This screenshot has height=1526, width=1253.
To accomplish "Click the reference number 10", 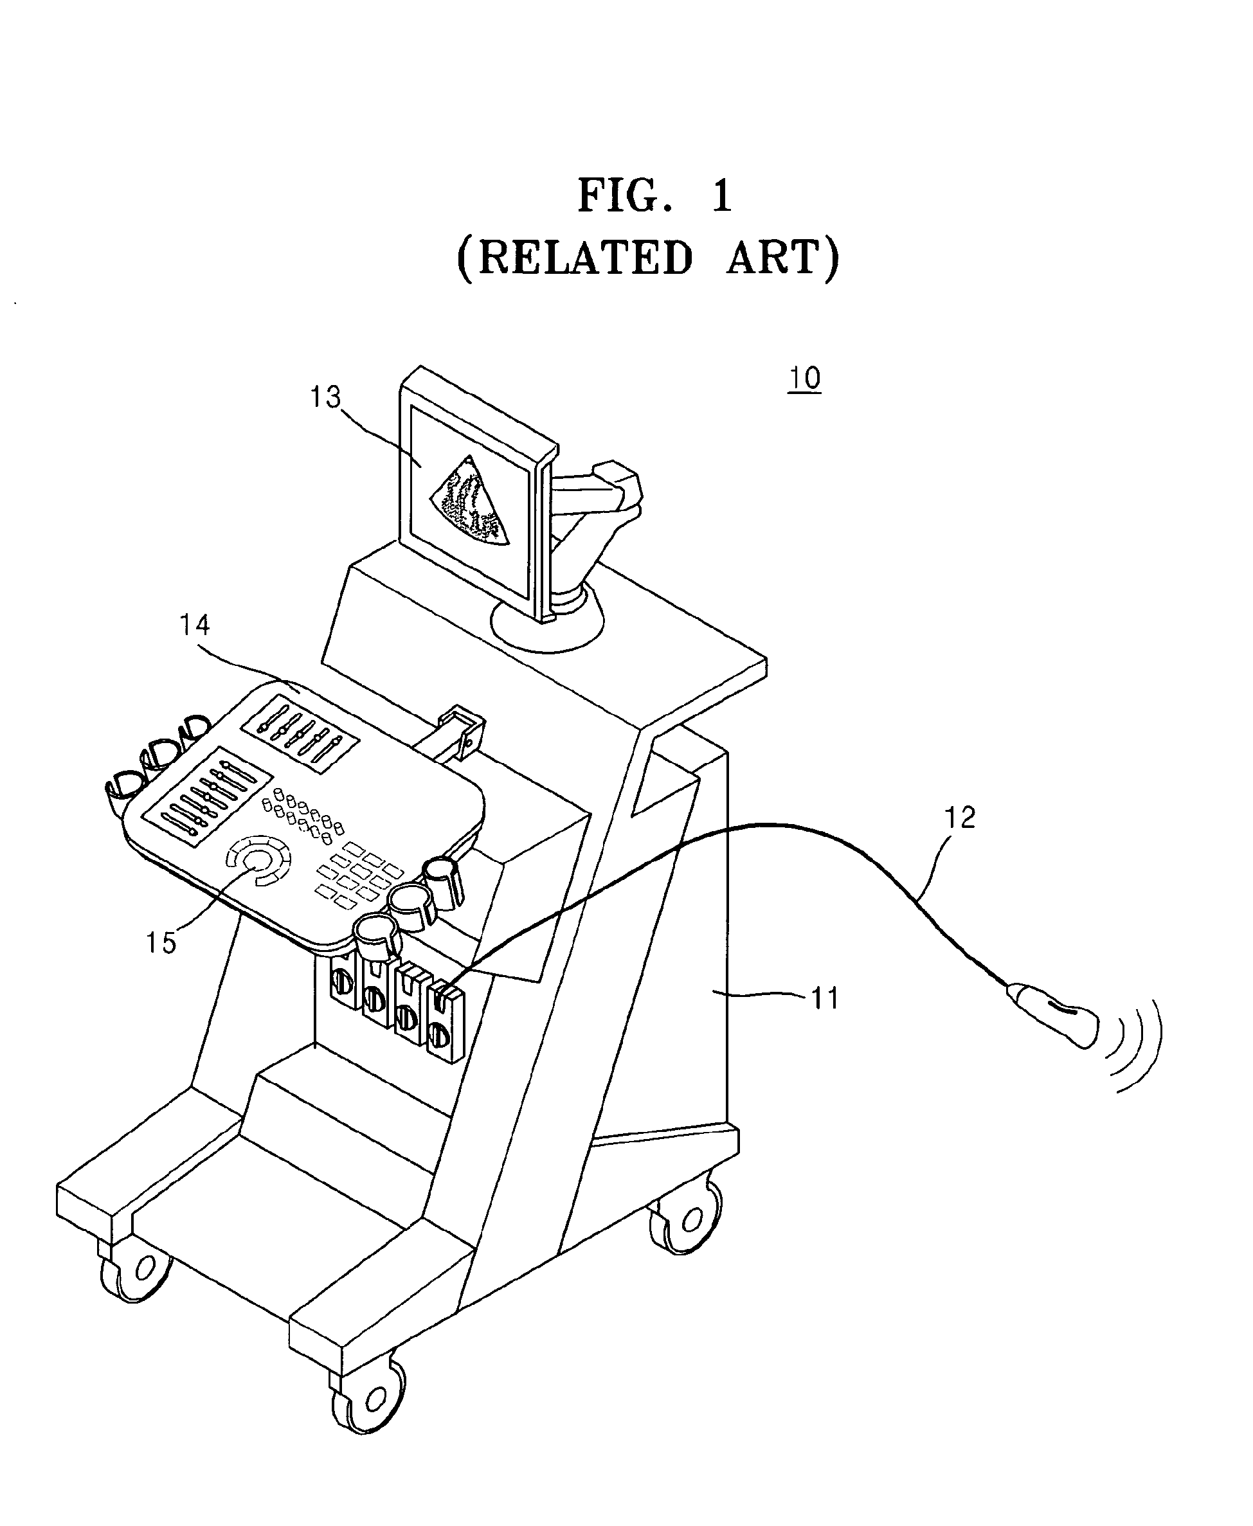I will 804,378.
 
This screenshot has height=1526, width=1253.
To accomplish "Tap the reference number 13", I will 325,397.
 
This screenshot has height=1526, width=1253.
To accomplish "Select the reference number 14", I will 194,625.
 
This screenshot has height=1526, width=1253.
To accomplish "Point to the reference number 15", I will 161,942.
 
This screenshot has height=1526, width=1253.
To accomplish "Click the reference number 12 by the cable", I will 959,817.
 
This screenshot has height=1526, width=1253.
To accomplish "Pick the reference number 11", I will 825,998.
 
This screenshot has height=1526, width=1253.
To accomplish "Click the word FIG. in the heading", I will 625,196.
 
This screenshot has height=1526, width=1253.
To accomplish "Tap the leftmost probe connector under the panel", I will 343,979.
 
